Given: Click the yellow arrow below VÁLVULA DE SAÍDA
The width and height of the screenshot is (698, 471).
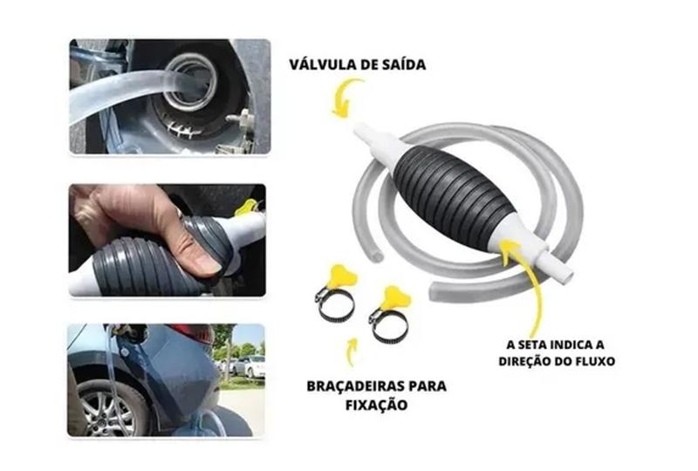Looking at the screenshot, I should point(346,98).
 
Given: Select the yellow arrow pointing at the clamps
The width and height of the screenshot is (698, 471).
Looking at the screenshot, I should point(352,352).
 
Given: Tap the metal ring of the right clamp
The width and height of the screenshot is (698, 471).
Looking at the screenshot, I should point(387,324).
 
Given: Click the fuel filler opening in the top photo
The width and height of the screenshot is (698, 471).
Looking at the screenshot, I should point(193,83).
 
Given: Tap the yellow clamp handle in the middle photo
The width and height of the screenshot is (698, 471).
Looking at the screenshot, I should point(248,207).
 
